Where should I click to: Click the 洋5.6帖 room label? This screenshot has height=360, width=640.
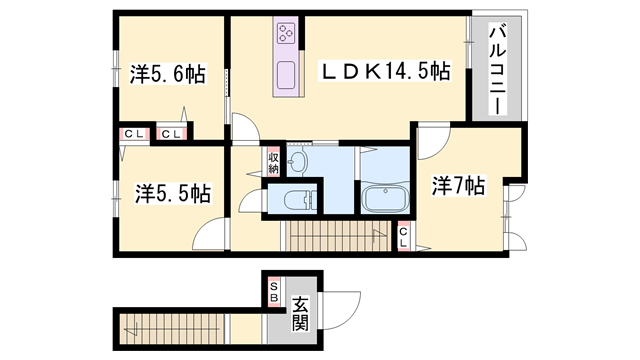(x=168, y=75)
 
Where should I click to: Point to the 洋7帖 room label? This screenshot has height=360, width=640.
(x=459, y=186)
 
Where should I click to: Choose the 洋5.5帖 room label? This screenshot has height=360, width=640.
(x=167, y=192)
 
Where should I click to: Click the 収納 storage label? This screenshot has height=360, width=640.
(x=273, y=161)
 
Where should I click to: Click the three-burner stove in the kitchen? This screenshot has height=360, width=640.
(x=285, y=36)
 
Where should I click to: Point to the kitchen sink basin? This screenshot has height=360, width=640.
(x=285, y=75)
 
